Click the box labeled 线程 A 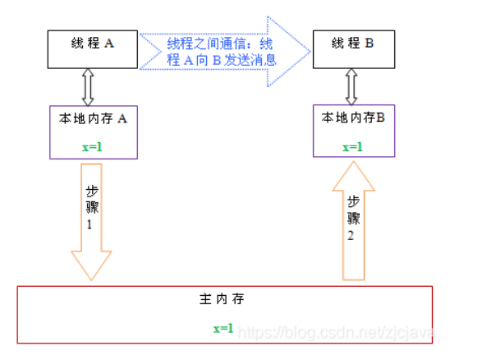[92, 49]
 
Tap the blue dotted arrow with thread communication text [223, 50]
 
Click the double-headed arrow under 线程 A [88, 86]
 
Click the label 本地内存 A [92, 118]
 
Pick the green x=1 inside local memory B [352, 147]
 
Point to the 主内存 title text [223, 300]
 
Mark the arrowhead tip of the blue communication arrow [310, 51]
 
